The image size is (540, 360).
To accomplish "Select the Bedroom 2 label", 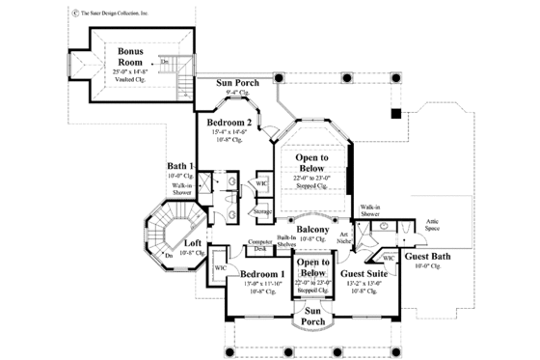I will click(229, 124).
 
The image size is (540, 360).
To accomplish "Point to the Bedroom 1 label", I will click(262, 275).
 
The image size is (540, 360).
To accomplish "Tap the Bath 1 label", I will click(180, 165).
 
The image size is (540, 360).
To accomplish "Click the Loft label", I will click(193, 243).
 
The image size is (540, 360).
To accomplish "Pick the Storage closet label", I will click(261, 211).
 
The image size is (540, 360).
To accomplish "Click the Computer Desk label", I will click(261, 244).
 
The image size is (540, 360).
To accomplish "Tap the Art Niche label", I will click(344, 236).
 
